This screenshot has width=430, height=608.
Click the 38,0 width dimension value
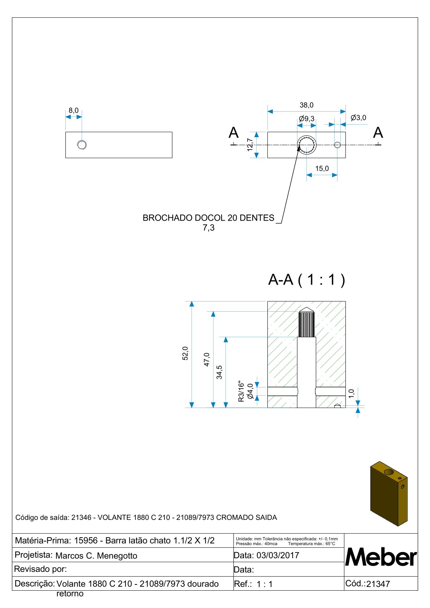306,105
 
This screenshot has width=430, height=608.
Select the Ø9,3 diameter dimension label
307,118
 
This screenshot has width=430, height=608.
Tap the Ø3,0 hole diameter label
358,118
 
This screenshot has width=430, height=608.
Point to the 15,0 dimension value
322,169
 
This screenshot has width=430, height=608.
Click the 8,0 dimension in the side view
74,110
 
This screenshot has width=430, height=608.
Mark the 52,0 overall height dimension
185,353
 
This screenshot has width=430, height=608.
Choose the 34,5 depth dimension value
219,372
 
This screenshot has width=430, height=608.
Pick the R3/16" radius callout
241,391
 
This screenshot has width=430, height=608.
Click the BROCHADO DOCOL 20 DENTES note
208,218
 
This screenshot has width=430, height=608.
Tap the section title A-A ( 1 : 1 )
306,280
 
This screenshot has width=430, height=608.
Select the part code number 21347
378,584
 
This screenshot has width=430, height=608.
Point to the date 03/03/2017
278,555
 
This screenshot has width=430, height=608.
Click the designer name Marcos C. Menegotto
96,556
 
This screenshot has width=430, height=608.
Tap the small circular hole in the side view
82,145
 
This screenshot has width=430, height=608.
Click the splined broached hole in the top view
307,145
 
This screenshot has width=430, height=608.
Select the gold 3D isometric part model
389,493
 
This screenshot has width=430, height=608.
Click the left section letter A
234,133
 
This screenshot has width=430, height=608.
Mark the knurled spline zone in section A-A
306,324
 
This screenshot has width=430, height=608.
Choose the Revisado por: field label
40,569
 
